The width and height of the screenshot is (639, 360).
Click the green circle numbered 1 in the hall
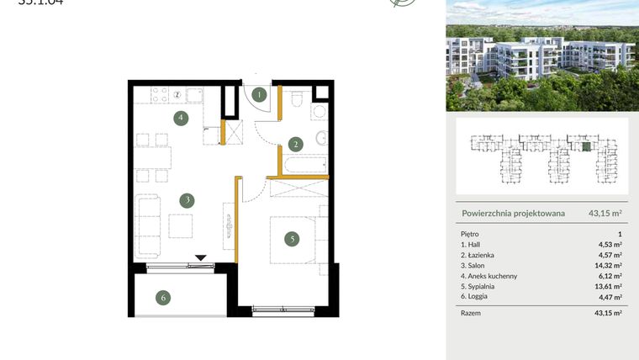pyautogui.click(x=261, y=95)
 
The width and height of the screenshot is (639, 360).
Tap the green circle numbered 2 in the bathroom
pyautogui.click(x=295, y=144)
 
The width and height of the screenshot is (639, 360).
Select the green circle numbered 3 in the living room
pyautogui.click(x=187, y=200)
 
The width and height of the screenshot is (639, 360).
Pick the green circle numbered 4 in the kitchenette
pyautogui.click(x=181, y=118)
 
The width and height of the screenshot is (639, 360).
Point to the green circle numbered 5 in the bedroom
pyautogui.click(x=292, y=239)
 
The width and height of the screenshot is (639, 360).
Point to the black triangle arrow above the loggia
pyautogui.click(x=200, y=258)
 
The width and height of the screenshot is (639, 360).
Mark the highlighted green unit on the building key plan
pyautogui.click(x=587, y=146)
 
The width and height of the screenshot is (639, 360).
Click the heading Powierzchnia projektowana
pyautogui.click(x=513, y=214)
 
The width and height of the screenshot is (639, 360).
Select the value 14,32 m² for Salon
pyautogui.click(x=609, y=265)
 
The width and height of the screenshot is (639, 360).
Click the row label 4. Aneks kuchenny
pyautogui.click(x=490, y=276)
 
